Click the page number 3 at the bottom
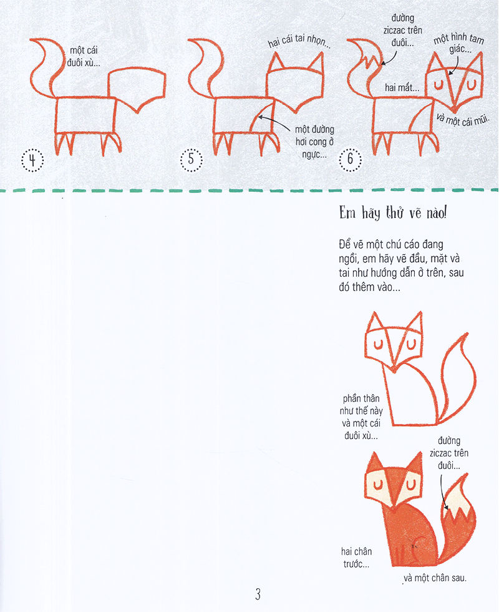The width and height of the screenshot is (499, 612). coord(258,594)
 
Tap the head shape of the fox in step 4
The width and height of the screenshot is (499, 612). coord(137,87)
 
